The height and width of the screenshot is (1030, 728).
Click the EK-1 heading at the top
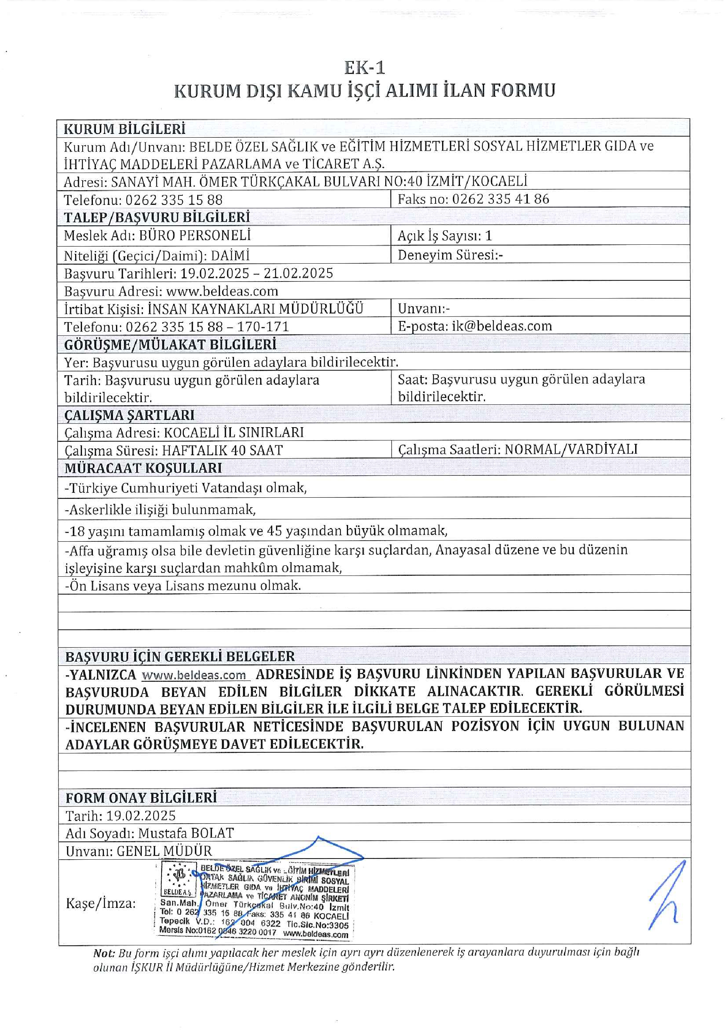point(364,68)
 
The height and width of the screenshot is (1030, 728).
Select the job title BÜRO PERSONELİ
point(195,236)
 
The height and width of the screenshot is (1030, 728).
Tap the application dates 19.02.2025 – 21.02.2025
point(256,273)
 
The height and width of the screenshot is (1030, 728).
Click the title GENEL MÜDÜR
point(164,851)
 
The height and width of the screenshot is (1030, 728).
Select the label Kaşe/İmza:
point(100,903)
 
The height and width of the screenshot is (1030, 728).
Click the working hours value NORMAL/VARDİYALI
point(571,449)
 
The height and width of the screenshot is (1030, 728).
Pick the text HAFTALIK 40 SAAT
point(222,450)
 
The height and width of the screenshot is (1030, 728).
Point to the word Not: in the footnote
point(104,953)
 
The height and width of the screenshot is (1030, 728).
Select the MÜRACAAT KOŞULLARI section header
point(143,468)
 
